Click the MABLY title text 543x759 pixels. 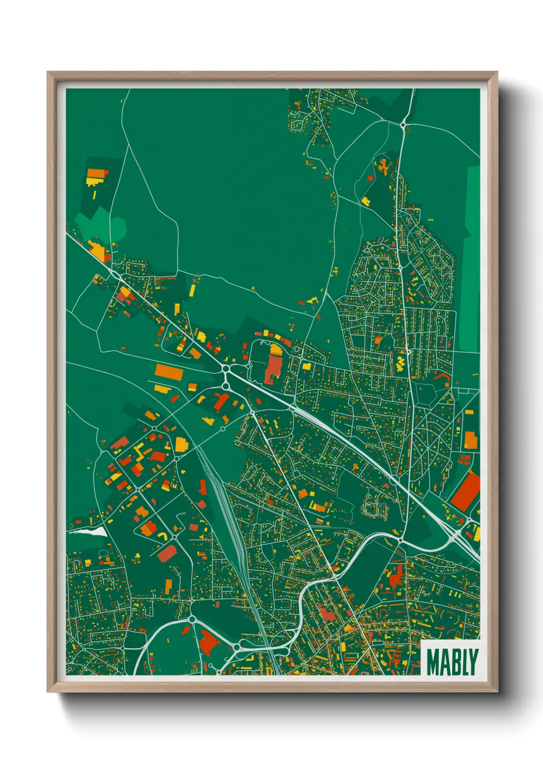[452, 662]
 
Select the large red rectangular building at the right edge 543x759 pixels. [466, 491]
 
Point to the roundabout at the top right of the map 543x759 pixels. [404, 125]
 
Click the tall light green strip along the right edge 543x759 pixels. [472, 256]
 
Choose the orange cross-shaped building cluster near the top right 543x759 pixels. [383, 165]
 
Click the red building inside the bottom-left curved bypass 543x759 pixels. [207, 642]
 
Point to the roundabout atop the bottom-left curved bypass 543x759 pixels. [192, 620]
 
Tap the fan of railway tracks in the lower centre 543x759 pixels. [228, 508]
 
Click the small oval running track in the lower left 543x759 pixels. [103, 556]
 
